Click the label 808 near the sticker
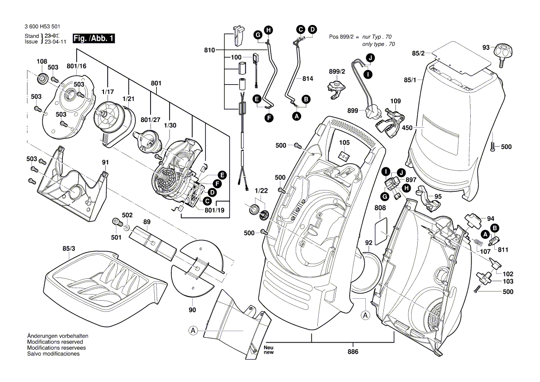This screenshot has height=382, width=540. tap(380, 209)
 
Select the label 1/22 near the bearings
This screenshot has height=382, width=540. tap(261, 191)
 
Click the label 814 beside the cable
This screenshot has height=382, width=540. tap(307, 79)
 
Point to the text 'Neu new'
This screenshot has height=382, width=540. tap(269, 350)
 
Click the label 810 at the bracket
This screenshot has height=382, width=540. tap(209, 49)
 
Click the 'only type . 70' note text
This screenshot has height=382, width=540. tap(378, 44)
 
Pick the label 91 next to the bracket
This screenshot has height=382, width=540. tap(105, 162)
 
